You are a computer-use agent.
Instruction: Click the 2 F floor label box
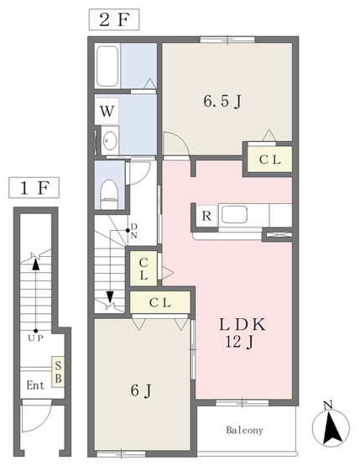(114, 19)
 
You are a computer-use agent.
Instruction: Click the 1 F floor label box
(34, 187)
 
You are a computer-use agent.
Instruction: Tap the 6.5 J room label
(222, 102)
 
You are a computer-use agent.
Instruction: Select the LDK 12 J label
(242, 332)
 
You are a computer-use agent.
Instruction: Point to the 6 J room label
(141, 390)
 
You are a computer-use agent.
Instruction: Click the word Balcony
(244, 430)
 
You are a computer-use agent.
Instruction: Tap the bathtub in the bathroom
(107, 66)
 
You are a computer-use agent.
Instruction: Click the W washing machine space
(107, 111)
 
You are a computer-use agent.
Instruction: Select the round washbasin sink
(110, 140)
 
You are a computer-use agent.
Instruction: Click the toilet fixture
(109, 194)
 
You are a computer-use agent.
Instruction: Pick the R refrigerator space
(206, 216)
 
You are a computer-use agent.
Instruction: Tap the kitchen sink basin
(234, 214)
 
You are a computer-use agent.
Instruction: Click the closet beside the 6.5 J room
(269, 160)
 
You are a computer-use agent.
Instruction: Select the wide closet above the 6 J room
(160, 302)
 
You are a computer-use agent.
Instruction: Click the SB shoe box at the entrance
(58, 371)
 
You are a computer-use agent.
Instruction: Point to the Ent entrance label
(35, 385)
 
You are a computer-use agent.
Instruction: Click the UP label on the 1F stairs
(35, 338)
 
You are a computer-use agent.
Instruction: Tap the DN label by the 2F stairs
(134, 231)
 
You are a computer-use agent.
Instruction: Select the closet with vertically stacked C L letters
(143, 269)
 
